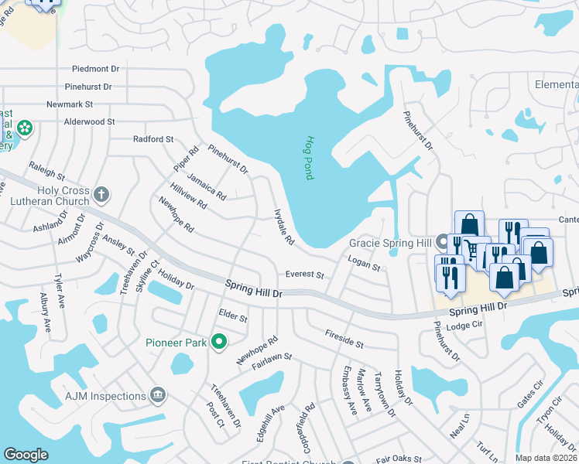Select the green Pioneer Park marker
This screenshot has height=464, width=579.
pyautogui.click(x=220, y=341)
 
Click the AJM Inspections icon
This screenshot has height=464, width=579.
pyautogui.click(x=158, y=395)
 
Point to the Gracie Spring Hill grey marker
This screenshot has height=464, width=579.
pyautogui.click(x=443, y=242)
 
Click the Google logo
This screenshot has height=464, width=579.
pyautogui.click(x=26, y=455)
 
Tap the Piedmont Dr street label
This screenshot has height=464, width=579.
pyautogui.click(x=97, y=69)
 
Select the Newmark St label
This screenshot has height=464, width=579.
pyautogui.click(x=70, y=104)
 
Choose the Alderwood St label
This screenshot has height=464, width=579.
pyautogui.click(x=89, y=121)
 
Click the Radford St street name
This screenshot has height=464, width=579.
pyautogui.click(x=153, y=139)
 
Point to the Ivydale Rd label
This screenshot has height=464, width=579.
pyautogui.click(x=284, y=227)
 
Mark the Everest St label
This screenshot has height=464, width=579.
pyautogui.click(x=304, y=275)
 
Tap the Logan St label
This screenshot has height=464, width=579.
pyautogui.click(x=364, y=264)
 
